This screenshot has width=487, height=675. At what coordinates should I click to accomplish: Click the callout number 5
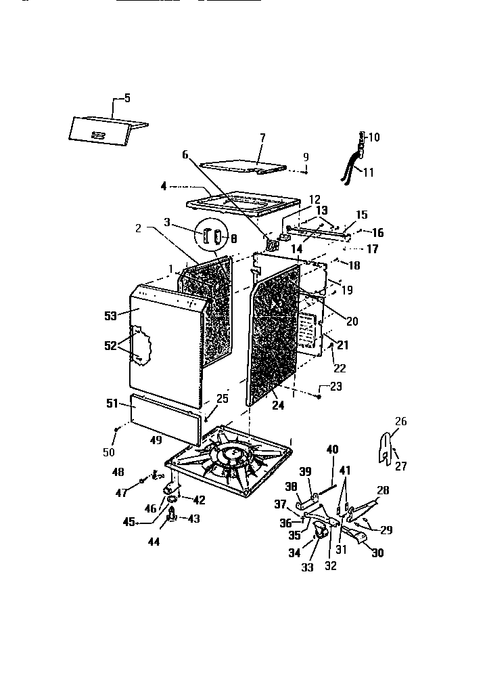(126, 98)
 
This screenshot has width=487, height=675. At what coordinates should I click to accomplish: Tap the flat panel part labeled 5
(105, 131)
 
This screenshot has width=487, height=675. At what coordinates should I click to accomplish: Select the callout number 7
(262, 137)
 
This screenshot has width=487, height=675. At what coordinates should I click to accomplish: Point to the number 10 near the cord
(373, 137)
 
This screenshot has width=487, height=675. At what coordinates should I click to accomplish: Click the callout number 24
(278, 406)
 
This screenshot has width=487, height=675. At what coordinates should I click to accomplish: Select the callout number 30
(376, 552)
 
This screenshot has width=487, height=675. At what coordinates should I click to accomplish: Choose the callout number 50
(108, 452)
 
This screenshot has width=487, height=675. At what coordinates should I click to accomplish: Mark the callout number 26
(401, 421)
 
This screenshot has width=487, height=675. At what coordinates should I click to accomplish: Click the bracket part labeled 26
(387, 448)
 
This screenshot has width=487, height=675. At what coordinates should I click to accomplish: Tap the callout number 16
(377, 233)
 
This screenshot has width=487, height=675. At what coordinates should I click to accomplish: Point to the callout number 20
(352, 322)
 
